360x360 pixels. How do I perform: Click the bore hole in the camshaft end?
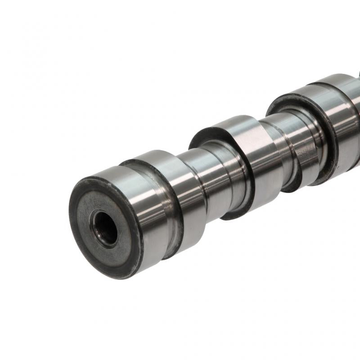(x=104, y=228)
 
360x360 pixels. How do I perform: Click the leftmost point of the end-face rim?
(x=69, y=211)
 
